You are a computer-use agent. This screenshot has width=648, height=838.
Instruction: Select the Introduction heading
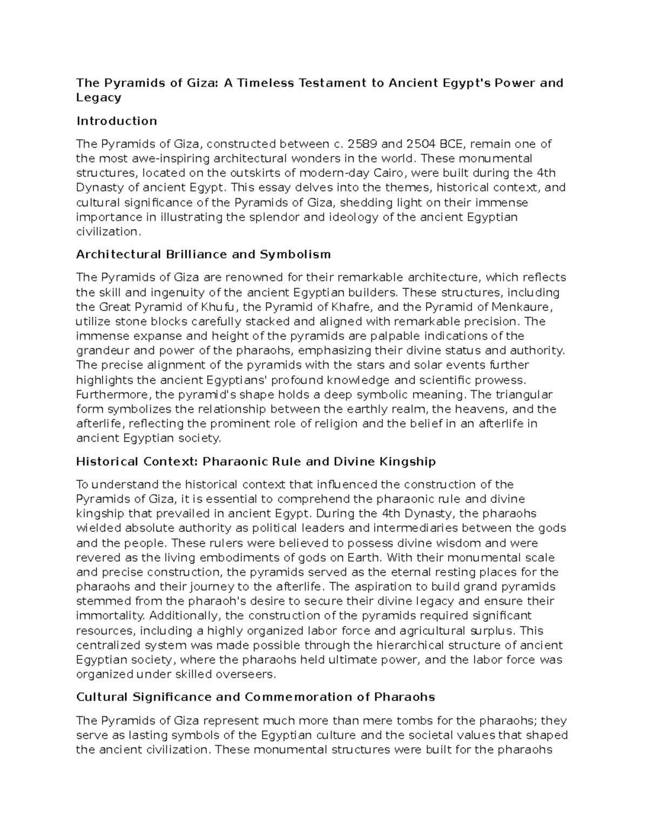(117, 121)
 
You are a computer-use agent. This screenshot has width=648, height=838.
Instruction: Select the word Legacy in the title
(99, 98)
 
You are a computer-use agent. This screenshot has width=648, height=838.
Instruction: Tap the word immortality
(110, 616)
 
